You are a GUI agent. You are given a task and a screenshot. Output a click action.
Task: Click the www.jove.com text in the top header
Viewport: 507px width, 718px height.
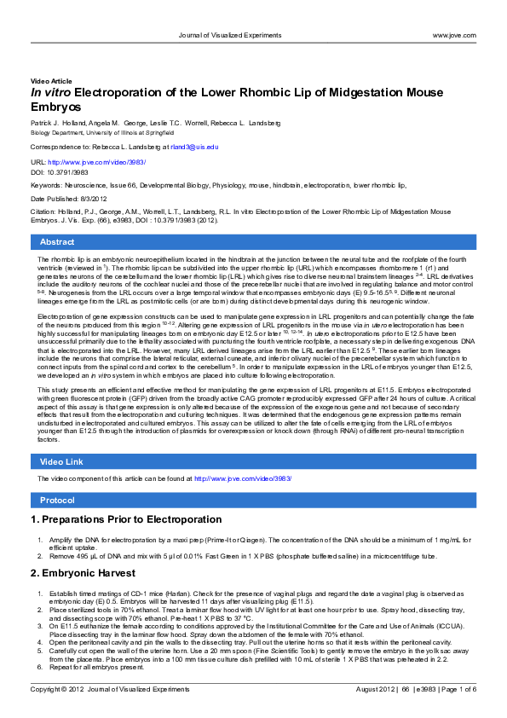tap(453, 35)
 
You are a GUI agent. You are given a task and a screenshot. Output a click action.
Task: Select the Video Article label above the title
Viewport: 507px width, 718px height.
tap(51, 80)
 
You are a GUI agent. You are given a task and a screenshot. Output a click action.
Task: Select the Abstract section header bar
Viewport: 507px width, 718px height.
tap(253, 242)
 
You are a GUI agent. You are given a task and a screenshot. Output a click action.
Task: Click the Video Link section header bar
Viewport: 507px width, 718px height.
tap(253, 461)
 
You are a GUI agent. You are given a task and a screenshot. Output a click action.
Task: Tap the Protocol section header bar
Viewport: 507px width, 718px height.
tap(253, 499)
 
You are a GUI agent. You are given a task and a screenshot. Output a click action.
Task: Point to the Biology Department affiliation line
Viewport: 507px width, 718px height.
tap(88, 133)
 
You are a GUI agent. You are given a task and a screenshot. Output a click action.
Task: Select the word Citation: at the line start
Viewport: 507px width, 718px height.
tap(44, 211)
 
